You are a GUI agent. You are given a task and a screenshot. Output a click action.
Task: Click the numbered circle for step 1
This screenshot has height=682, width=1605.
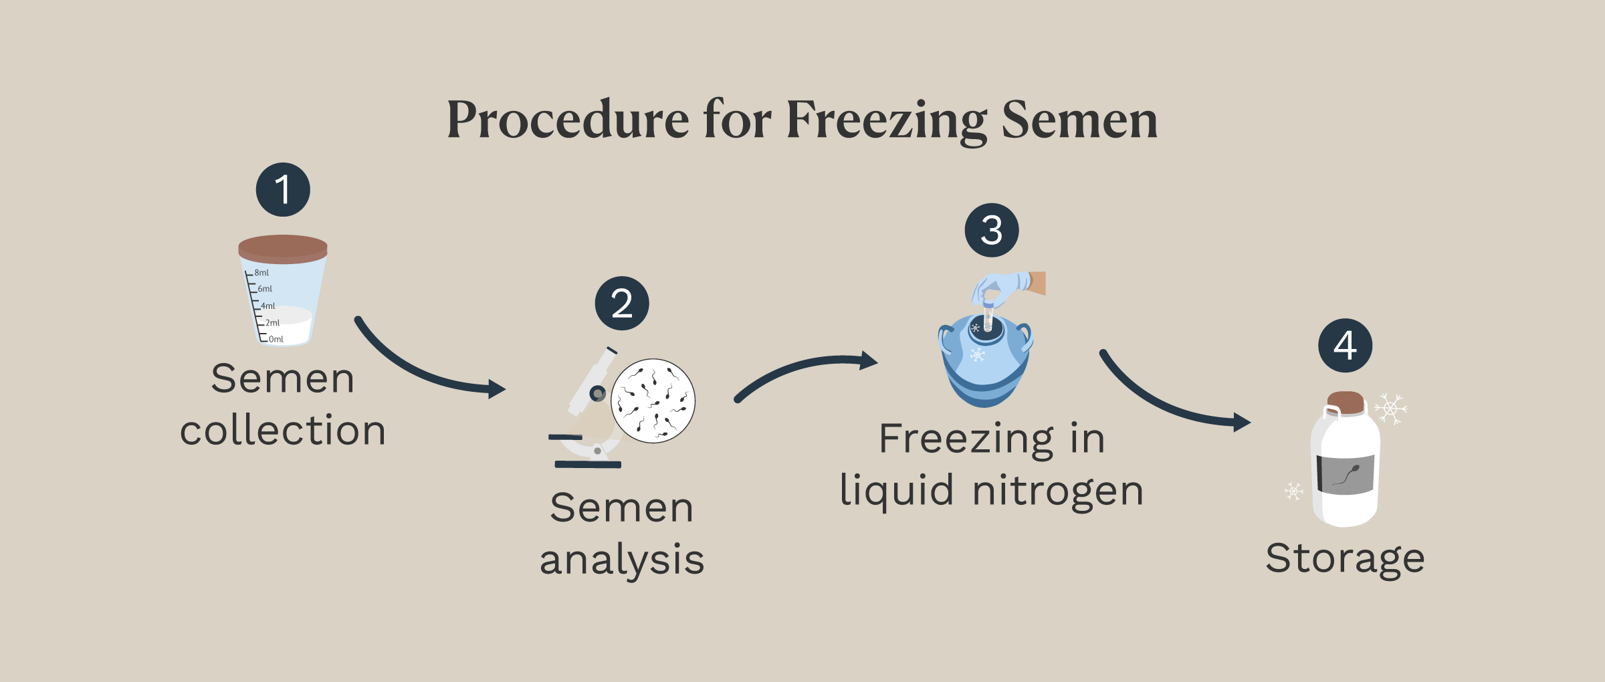[x=283, y=189]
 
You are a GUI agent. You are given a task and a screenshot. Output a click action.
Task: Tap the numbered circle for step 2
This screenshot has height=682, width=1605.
[x=622, y=303]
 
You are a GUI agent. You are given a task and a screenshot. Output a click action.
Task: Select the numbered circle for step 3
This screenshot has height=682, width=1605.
[x=992, y=230]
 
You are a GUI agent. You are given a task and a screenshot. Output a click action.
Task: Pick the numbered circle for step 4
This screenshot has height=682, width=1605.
[x=1346, y=345]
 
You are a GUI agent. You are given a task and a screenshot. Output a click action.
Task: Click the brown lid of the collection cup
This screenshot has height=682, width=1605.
[x=283, y=249]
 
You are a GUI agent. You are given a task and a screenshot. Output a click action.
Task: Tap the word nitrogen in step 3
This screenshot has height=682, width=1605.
[x=1058, y=491]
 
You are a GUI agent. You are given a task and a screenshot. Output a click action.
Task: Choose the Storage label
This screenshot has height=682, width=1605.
[x=1345, y=558]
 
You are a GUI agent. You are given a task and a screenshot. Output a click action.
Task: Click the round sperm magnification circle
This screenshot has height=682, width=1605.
[x=653, y=401]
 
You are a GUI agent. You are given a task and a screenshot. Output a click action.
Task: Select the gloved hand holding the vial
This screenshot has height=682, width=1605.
[x=1008, y=288]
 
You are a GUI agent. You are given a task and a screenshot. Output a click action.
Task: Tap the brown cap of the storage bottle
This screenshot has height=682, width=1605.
[x=1346, y=403]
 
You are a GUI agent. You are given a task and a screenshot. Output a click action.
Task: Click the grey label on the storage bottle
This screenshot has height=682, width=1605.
[x=1346, y=475]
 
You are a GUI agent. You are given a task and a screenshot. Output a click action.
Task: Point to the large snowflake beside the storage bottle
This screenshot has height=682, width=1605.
[x=1391, y=408]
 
